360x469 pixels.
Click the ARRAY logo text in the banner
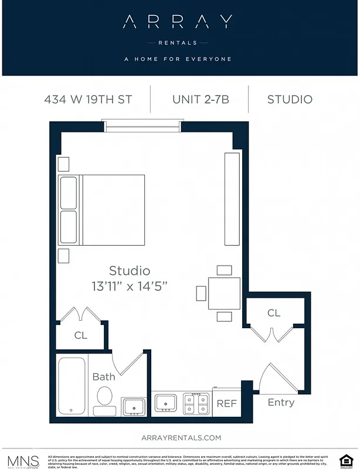tap(178, 22)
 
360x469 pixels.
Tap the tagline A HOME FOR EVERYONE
tap(178, 59)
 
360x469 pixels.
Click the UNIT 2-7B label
tap(200, 99)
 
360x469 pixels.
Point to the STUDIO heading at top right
tap(290, 99)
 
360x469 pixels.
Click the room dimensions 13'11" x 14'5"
tap(130, 287)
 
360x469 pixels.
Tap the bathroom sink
tap(134, 406)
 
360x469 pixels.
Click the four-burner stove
tap(196, 403)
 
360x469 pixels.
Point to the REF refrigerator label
tap(226, 404)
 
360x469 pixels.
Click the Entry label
tap(281, 403)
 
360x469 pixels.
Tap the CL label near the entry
tap(274, 313)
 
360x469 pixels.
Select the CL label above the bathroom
tap(80, 336)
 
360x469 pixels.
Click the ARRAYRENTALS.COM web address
tap(181, 438)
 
